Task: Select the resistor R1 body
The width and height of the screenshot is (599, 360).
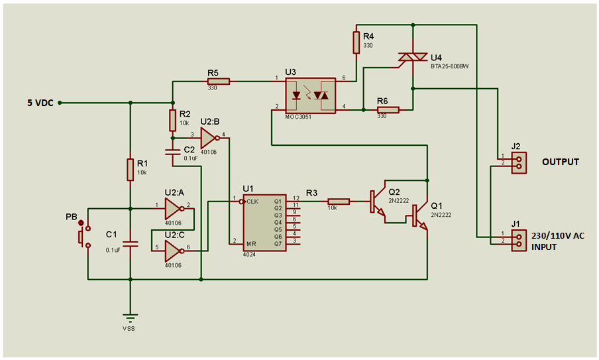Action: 131,170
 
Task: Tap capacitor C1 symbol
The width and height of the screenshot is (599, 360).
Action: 131,244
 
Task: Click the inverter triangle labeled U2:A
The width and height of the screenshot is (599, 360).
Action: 174,209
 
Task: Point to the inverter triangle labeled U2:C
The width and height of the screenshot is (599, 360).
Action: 174,251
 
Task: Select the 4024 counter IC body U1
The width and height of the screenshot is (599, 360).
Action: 264,222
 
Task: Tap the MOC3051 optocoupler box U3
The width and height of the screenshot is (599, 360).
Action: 311,95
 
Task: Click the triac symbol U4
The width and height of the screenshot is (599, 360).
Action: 412,57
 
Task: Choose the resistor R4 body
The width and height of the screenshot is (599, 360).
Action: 356,43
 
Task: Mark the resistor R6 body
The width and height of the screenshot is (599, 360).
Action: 388,110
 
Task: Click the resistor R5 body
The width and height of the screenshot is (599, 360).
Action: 219,82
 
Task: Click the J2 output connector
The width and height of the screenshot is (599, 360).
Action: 519,163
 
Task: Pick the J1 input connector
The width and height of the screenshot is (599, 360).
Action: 519,240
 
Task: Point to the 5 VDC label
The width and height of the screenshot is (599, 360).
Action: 40,103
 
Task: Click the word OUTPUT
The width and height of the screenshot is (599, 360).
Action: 561,162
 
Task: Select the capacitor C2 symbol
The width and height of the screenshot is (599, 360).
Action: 172,152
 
